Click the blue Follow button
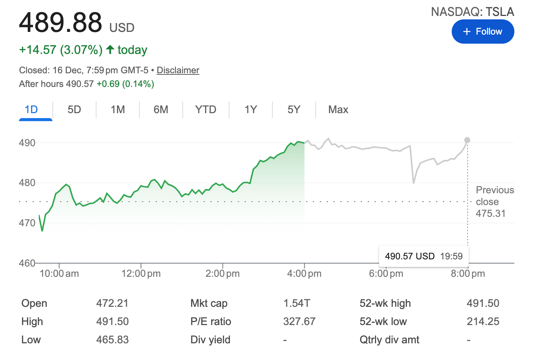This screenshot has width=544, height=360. coord(482,32)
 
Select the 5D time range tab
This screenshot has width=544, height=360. coord(74,110)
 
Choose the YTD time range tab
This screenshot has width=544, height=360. coord(206,110)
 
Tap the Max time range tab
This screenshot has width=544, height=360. coord(338,110)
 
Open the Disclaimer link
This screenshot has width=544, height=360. coord(178,70)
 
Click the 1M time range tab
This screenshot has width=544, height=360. coord(118,110)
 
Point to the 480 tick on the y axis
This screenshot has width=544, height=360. coord(27,183)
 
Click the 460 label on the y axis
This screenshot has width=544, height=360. coord(27,263)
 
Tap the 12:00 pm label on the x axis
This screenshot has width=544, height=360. coord(141,273)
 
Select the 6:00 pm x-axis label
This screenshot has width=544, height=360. coord(386,273)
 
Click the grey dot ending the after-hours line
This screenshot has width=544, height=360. coord(467,140)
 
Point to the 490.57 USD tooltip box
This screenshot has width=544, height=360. coord(424,256)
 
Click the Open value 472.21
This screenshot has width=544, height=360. coord(112,303)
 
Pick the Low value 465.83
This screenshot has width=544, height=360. coord(112,339)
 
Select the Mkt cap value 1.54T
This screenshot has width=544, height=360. coord(297,303)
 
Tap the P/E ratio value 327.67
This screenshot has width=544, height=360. coord(299,321)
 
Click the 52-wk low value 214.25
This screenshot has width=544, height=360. coord(483,321)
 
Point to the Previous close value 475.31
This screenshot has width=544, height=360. coord(490,213)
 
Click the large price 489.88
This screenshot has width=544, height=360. coord(61,22)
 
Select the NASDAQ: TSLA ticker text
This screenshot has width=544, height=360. coord(472,12)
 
